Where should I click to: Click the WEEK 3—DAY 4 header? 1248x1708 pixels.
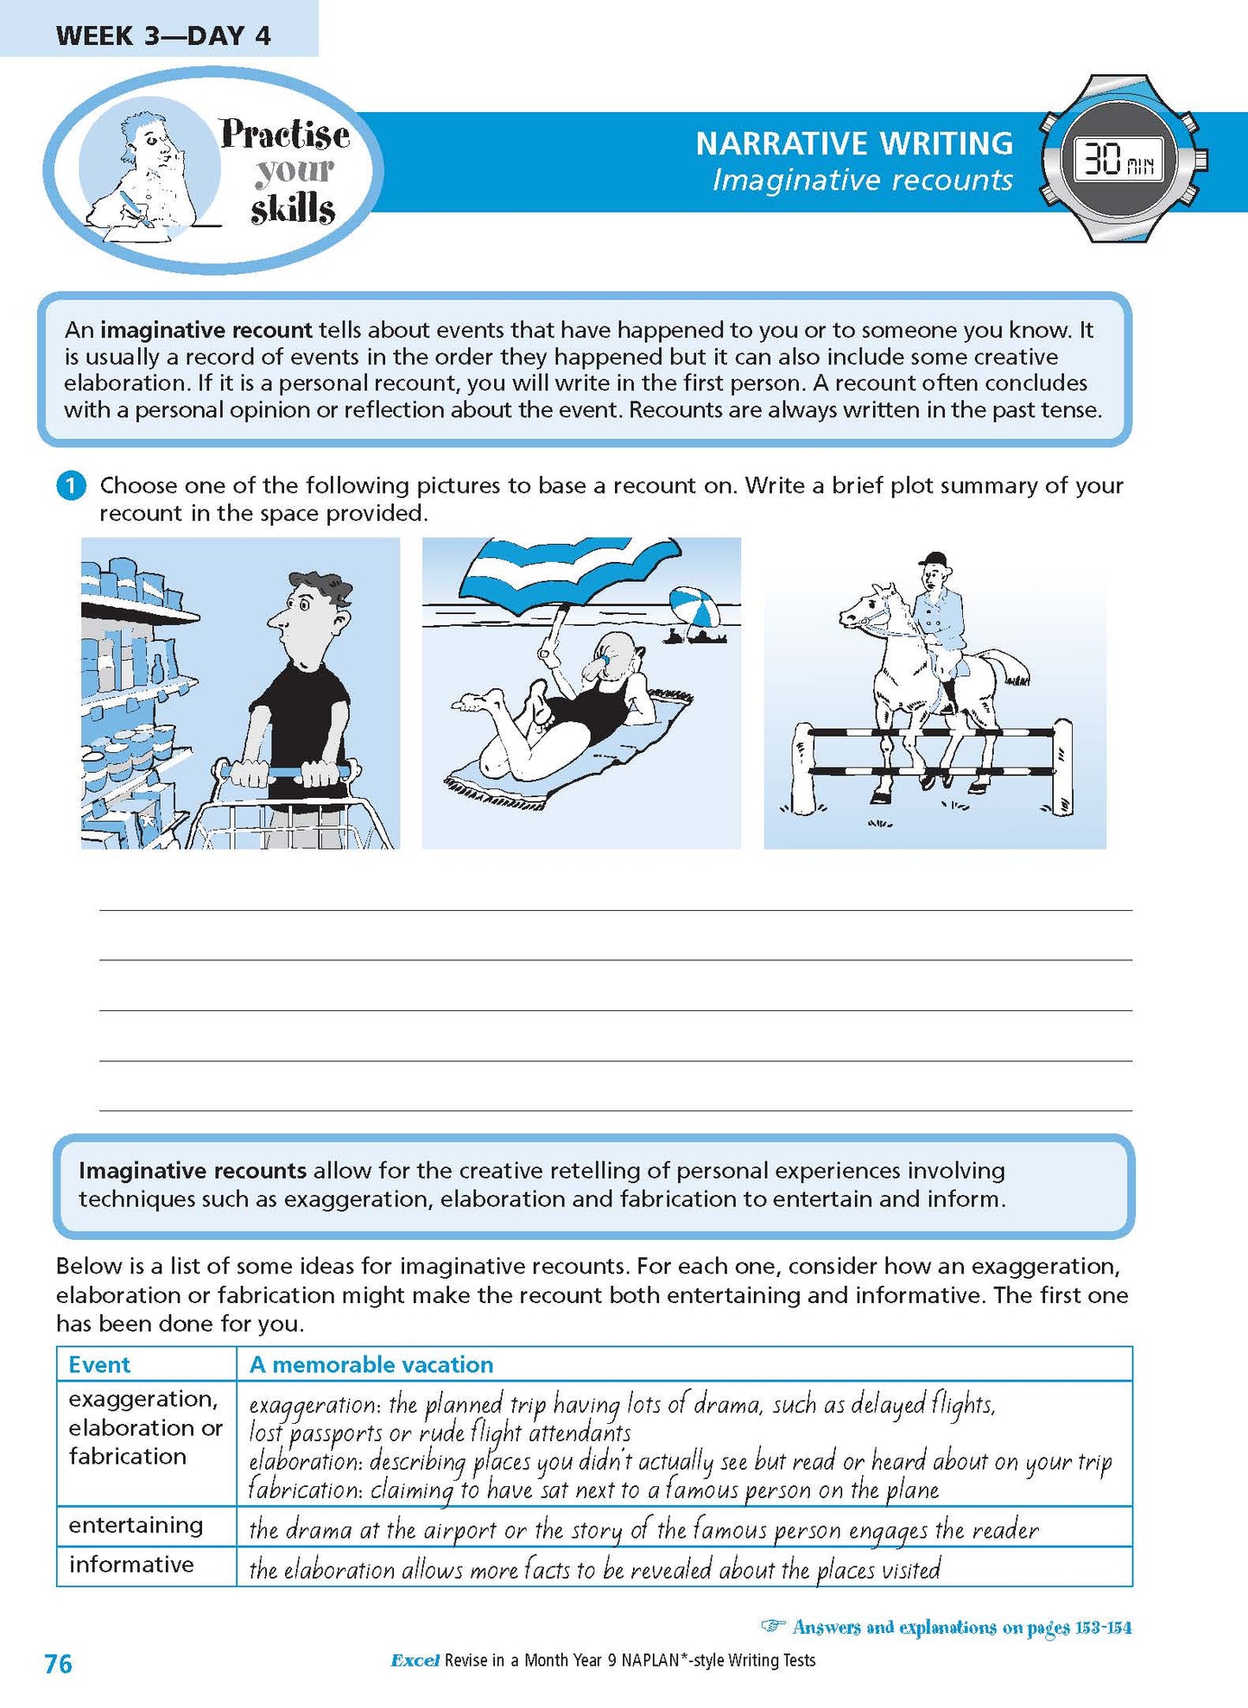pyautogui.click(x=162, y=35)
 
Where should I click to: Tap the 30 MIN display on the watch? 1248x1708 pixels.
pyautogui.click(x=1118, y=160)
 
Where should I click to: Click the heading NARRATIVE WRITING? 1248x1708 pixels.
pyautogui.click(x=854, y=143)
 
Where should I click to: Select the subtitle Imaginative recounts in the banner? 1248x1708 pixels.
pyautogui.click(x=862, y=180)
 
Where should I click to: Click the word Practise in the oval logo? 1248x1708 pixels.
pyautogui.click(x=284, y=134)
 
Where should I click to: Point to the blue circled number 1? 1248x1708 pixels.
pyautogui.click(x=71, y=486)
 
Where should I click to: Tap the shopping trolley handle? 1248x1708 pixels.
pyautogui.click(x=285, y=770)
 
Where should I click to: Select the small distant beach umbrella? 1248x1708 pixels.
pyautogui.click(x=695, y=606)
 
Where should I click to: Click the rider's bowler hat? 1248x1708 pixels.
pyautogui.click(x=932, y=560)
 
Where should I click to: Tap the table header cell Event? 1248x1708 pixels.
pyautogui.click(x=99, y=1364)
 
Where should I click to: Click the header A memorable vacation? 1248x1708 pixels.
pyautogui.click(x=371, y=1364)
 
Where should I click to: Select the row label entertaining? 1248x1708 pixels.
pyautogui.click(x=136, y=1526)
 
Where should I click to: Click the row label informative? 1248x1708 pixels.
pyautogui.click(x=131, y=1565)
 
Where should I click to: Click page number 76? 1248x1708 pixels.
pyautogui.click(x=58, y=1664)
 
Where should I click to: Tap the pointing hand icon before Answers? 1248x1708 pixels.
pyautogui.click(x=773, y=1627)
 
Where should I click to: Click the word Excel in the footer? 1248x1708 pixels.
pyautogui.click(x=415, y=1660)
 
